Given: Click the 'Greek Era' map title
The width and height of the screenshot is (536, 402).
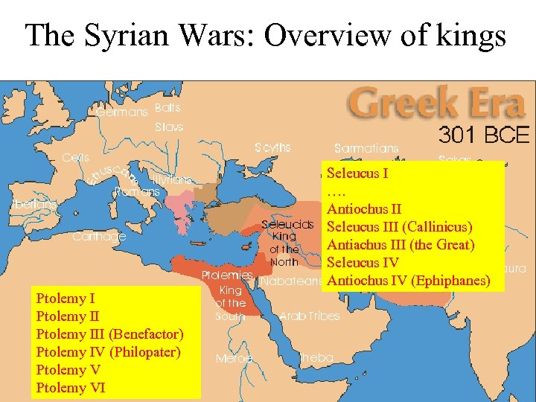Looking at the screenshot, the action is (x=436, y=104).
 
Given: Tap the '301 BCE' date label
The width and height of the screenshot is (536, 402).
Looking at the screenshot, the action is (x=484, y=135).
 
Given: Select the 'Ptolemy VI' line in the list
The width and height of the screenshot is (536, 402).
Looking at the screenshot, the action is (x=71, y=388).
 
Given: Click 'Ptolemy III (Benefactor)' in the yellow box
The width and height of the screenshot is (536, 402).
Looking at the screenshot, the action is (x=109, y=334).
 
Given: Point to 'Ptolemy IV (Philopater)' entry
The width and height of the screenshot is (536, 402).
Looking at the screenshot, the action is (x=108, y=352).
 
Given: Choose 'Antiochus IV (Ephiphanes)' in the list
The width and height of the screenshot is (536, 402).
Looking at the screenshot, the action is (x=409, y=281).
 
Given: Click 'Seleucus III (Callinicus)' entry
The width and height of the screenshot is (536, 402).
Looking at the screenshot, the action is (x=400, y=227).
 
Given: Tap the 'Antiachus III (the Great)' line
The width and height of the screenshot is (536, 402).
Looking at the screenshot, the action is (x=401, y=245).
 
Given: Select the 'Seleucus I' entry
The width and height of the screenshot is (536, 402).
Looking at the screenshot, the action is (x=357, y=173).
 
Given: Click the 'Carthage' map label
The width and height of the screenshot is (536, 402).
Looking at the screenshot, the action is (x=99, y=237).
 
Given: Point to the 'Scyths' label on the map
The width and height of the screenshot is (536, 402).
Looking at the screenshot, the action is (x=272, y=147).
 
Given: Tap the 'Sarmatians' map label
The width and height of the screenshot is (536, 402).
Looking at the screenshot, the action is (x=366, y=149).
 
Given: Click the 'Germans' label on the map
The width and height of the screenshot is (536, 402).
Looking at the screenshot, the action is (x=122, y=112).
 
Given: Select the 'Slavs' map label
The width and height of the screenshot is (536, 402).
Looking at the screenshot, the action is (x=169, y=127).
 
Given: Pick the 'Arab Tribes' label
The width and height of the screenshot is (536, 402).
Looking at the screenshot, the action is (x=309, y=316).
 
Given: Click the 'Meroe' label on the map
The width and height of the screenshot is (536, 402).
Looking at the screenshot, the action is (x=234, y=358).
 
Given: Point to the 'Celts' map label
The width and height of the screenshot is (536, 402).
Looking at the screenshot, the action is (x=75, y=158).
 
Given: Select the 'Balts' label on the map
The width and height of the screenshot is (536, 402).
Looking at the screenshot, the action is (x=167, y=108).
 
